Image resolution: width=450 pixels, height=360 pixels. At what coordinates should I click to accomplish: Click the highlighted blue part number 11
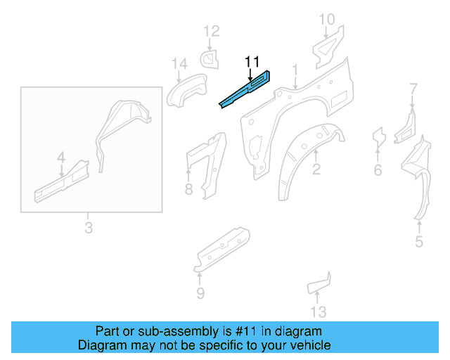click(x=246, y=90)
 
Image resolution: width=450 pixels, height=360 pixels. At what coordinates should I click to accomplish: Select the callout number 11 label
click(x=252, y=61)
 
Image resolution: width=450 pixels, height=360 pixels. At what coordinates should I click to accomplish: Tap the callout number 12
click(x=212, y=31)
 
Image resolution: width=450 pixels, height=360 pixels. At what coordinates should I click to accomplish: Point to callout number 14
click(x=179, y=65)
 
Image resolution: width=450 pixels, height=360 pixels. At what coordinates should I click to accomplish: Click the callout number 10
click(x=327, y=20)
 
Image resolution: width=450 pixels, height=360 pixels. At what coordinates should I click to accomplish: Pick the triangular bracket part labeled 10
click(x=326, y=45)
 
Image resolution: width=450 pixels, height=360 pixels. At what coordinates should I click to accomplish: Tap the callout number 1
click(x=296, y=70)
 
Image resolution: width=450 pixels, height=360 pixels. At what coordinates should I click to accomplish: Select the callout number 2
click(x=316, y=169)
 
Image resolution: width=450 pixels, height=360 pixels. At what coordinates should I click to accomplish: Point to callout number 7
click(x=413, y=89)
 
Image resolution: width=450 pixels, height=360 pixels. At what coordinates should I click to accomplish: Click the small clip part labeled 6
click(x=378, y=137)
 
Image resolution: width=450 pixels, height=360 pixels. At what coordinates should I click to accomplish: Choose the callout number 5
click(x=419, y=243)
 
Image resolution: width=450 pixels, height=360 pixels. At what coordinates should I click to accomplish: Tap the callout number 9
click(x=200, y=293)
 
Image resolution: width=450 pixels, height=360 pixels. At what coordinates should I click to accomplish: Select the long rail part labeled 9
click(x=221, y=247)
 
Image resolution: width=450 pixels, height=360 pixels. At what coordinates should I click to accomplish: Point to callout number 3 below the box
click(x=88, y=228)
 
